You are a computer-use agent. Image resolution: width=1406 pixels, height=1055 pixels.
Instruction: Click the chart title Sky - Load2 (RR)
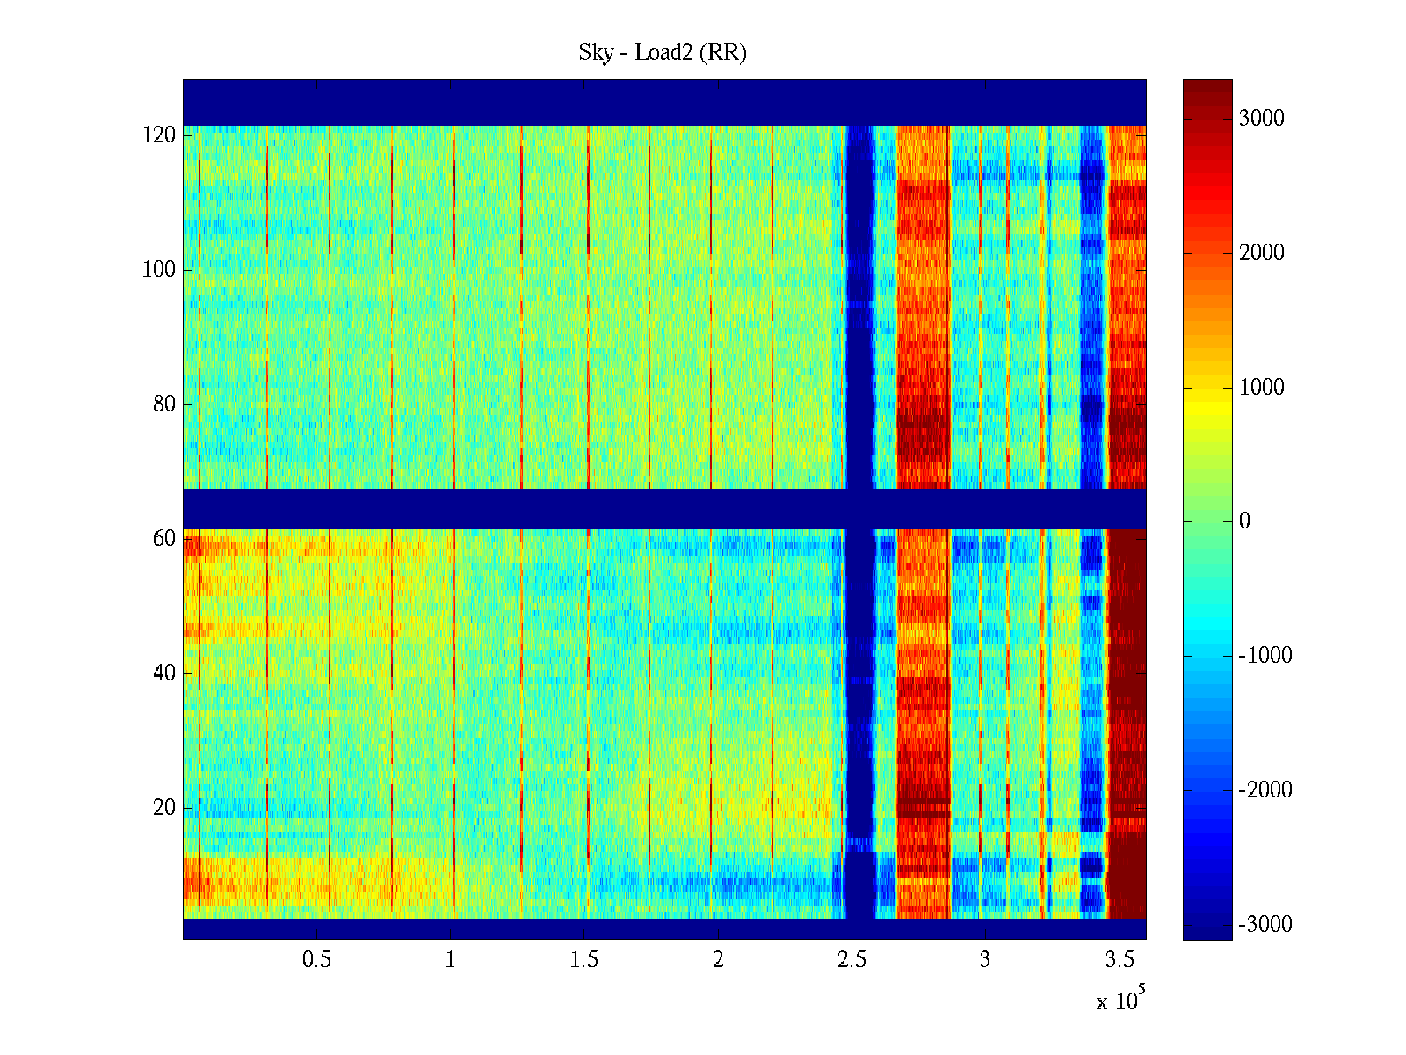click(x=663, y=53)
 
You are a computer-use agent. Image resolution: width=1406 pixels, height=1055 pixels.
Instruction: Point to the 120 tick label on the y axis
click(x=159, y=135)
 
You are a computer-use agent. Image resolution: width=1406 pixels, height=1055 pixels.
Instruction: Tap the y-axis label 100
click(x=159, y=270)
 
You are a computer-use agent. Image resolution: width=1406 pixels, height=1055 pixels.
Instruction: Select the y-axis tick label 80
click(x=164, y=404)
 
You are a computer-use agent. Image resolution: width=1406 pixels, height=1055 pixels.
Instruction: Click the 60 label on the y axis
click(x=164, y=539)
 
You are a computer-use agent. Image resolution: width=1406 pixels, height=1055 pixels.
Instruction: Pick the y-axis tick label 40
click(x=164, y=673)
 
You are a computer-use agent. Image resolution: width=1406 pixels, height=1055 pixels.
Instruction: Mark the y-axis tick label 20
click(x=164, y=808)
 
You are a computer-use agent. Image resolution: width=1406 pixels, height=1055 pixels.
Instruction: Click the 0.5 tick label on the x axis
click(x=316, y=960)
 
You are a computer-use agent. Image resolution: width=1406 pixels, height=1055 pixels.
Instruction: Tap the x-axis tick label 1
click(x=451, y=960)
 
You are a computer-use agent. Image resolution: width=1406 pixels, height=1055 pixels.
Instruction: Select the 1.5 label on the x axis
click(x=584, y=960)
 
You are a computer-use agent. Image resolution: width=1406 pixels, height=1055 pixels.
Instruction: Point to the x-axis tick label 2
click(x=718, y=960)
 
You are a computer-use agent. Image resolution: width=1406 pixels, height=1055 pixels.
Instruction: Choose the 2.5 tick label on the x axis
click(x=852, y=960)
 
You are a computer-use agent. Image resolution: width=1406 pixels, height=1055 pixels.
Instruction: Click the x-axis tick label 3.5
click(x=1120, y=960)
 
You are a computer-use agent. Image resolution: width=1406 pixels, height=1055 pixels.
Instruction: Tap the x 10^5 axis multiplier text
click(x=1120, y=1000)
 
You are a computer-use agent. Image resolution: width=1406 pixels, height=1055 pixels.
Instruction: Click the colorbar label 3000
click(x=1262, y=119)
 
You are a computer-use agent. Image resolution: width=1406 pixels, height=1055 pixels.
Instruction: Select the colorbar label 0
click(x=1244, y=521)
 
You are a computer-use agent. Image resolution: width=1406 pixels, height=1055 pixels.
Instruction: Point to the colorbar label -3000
click(x=1265, y=925)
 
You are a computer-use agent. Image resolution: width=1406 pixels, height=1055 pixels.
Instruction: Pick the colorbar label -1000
click(x=1265, y=656)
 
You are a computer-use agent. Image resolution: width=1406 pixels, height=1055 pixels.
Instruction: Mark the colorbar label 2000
click(x=1262, y=253)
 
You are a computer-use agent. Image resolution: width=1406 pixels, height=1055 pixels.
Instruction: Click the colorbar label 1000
click(x=1262, y=388)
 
